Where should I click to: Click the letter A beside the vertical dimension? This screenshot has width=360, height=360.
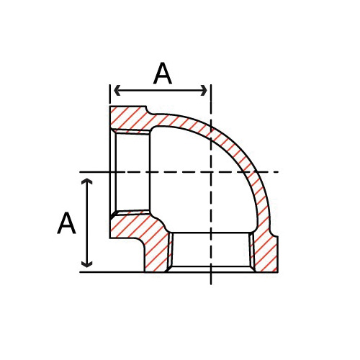click(x=66, y=223)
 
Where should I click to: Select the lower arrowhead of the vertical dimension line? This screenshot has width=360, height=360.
click(x=88, y=264)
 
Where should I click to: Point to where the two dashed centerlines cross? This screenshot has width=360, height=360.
click(x=210, y=172)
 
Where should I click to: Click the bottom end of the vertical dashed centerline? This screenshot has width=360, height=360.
click(x=210, y=282)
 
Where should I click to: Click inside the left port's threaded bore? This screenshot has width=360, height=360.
click(x=133, y=173)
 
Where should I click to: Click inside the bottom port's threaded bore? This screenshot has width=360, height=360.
click(x=210, y=252)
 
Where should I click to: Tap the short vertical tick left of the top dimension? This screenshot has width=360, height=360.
click(x=110, y=91)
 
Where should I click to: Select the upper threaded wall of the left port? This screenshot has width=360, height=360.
click(x=133, y=132)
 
